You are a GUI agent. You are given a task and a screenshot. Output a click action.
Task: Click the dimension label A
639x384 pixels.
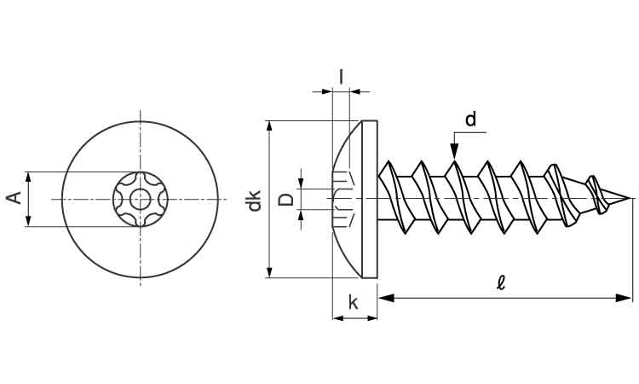coord(14,199)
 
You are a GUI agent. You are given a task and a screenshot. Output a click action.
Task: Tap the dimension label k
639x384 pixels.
coord(353,303)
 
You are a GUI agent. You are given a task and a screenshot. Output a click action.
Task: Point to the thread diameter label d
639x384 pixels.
coord(470,119)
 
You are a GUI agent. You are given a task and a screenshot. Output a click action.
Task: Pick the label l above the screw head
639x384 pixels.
coord(341,77)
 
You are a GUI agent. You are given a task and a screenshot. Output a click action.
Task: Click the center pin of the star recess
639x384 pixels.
coord(141,199)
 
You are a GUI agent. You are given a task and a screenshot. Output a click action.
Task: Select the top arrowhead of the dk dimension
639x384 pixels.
coord(270,126)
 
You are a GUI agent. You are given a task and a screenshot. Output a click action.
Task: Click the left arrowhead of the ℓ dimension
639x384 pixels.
coord(384,298)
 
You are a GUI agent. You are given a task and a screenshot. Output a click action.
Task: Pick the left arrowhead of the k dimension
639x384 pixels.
coord(337,318)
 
